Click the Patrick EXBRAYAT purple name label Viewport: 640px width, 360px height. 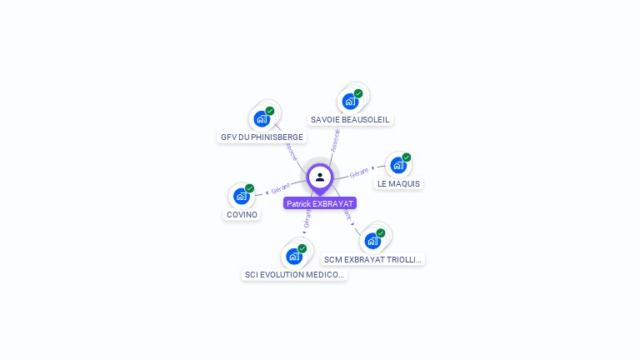[320, 203]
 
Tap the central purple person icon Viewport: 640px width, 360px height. [320, 177]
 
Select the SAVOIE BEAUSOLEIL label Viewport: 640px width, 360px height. [350, 119]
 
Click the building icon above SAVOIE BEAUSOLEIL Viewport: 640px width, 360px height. [350, 101]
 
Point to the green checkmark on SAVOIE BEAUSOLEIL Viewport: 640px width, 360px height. [358, 93]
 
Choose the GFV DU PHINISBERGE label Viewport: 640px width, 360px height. [256, 137]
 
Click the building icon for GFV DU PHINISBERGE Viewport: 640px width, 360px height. [262, 118]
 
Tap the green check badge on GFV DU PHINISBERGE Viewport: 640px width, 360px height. [270, 111]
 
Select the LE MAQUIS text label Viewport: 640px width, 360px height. [398, 183]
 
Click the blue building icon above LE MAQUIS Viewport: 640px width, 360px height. [398, 165]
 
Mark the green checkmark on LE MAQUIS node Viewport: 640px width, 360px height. [407, 157]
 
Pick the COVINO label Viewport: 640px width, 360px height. [242, 214]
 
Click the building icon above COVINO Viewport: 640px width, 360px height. [242, 196]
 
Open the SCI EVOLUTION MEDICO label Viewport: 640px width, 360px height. [294, 274]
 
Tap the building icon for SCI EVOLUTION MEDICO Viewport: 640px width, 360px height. [294, 256]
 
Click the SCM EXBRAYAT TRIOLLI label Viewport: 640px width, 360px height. [373, 259]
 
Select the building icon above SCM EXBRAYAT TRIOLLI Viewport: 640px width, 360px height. [372, 241]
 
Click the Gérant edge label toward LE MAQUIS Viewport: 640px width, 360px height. [359, 173]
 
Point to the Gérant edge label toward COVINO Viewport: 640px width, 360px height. [280, 190]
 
